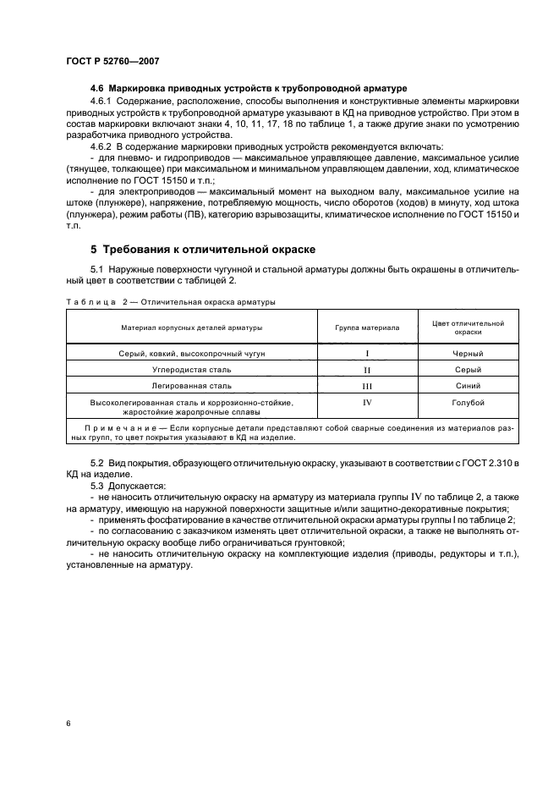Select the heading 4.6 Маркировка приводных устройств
click(x=249, y=88)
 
